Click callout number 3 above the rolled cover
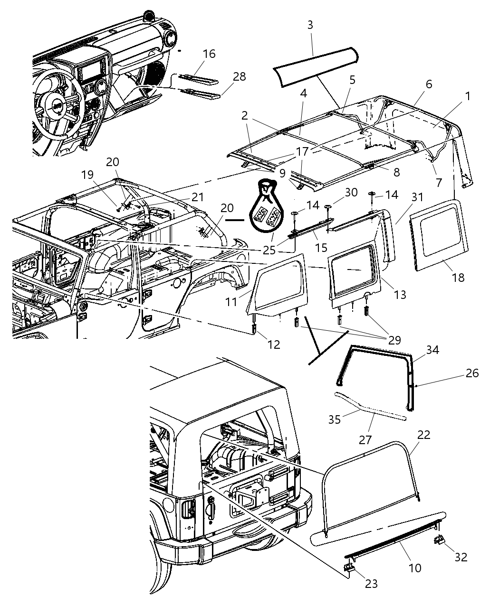tap(310, 25)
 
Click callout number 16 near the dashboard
tap(209, 54)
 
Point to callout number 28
tap(239, 76)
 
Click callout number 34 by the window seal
tap(432, 350)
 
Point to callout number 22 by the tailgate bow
tap(423, 435)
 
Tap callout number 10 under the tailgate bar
tap(415, 568)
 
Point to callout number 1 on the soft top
tap(468, 96)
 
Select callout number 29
tap(394, 340)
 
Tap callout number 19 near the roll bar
tap(87, 174)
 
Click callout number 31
tap(417, 196)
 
